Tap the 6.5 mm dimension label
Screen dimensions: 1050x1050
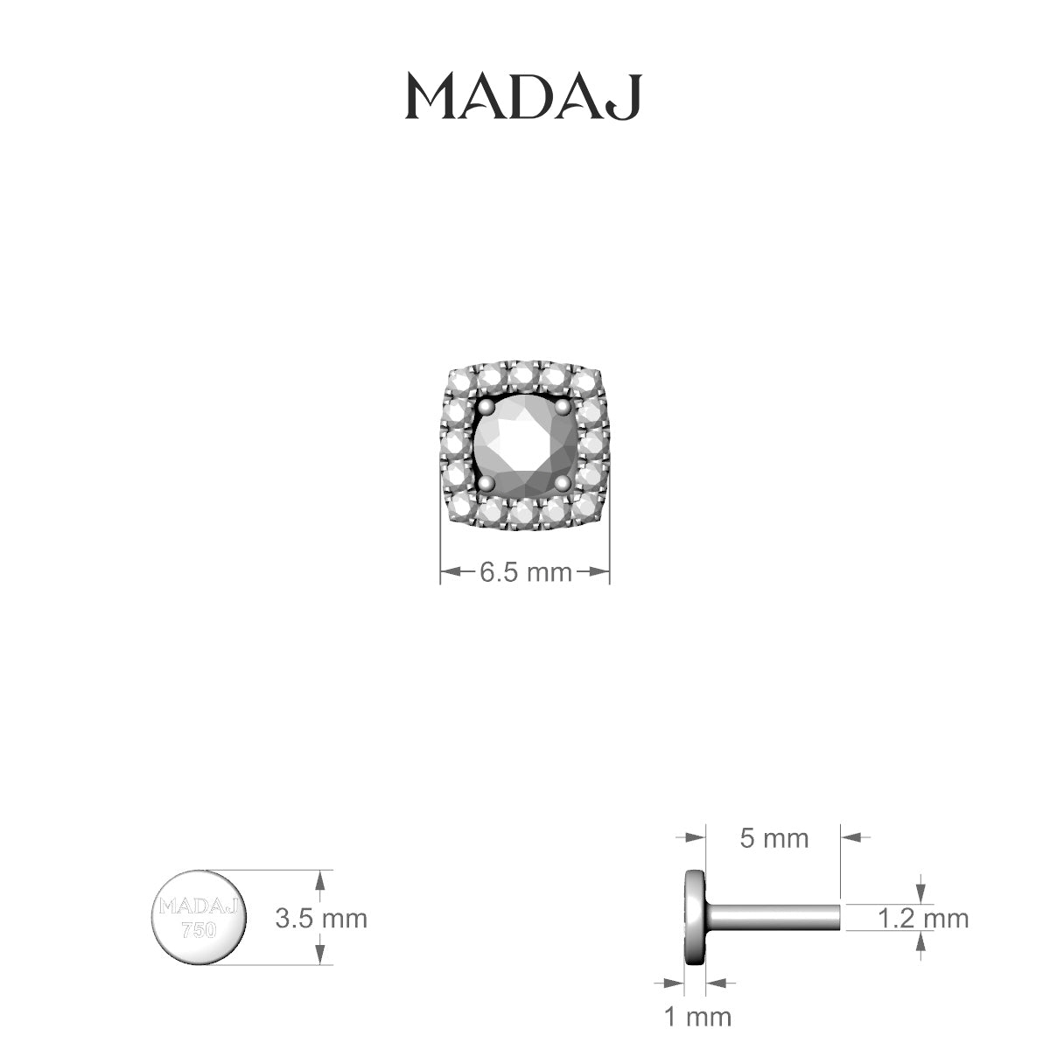pos(524,573)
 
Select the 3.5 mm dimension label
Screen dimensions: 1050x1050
pos(321,919)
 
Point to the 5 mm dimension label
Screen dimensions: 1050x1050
pos(774,838)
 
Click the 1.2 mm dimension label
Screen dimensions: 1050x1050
pos(923,918)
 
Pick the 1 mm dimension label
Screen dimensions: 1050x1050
pos(697,1017)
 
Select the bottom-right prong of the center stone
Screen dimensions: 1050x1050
pos(563,483)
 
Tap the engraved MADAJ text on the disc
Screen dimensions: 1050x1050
pos(199,906)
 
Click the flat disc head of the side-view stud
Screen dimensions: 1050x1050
pos(696,917)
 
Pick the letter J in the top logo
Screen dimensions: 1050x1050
pos(628,96)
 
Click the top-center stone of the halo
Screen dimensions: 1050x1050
pos(523,375)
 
